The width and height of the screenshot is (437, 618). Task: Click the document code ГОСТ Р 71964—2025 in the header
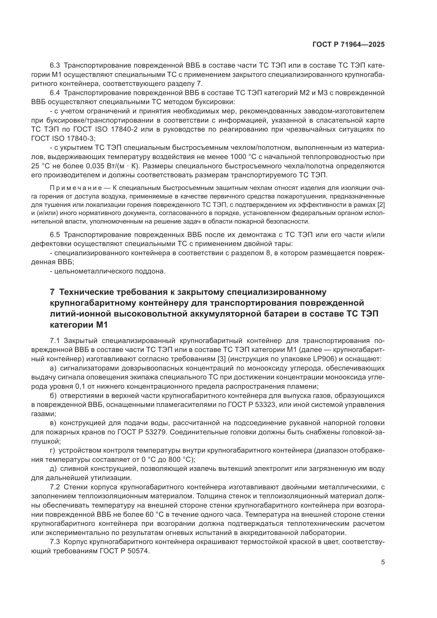coord(348,45)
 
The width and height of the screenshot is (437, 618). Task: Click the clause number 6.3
coord(55,66)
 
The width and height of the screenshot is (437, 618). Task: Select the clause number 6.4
coord(55,93)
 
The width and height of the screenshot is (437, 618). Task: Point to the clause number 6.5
coord(55,235)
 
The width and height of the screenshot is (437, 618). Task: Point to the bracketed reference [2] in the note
coord(381,205)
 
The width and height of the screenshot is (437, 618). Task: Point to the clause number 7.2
coord(55,487)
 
